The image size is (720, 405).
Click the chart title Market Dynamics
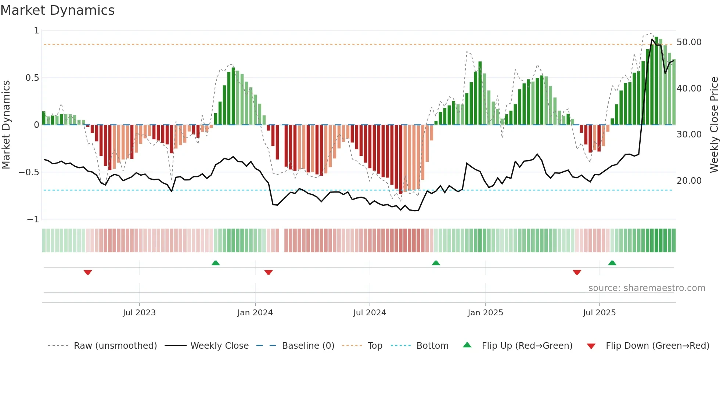[x=57, y=10]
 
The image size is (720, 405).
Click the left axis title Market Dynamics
[x=6, y=125]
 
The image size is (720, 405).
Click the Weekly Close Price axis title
[x=714, y=125]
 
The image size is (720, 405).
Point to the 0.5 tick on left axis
[x=32, y=78]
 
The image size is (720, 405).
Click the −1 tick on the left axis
[x=33, y=219]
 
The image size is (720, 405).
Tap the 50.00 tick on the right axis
[x=689, y=42]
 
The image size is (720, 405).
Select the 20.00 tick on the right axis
[x=689, y=181]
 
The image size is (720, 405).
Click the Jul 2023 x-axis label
[x=139, y=313]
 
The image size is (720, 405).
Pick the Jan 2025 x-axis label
[x=485, y=313]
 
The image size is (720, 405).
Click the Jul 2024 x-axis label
[x=370, y=313]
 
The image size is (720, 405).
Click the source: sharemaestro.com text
[x=647, y=288]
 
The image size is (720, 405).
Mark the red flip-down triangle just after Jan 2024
[x=269, y=272]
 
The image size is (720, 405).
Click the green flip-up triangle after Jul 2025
[x=612, y=263]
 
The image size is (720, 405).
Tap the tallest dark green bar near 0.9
[x=656, y=81]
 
